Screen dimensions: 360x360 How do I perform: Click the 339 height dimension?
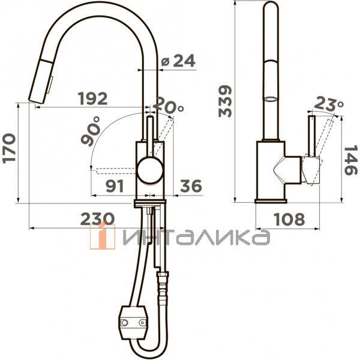(x=225, y=101)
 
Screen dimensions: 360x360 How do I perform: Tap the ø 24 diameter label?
(x=178, y=61)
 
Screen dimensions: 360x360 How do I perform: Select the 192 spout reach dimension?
(x=93, y=98)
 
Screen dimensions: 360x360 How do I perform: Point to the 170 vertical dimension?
(x=9, y=148)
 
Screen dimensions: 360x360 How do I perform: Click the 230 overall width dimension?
(x=97, y=218)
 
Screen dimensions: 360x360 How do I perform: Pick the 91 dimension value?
(x=115, y=186)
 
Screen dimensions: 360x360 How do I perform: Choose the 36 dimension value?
(x=191, y=186)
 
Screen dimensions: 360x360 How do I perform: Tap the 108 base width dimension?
(x=290, y=219)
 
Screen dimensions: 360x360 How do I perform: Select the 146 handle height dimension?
(x=350, y=160)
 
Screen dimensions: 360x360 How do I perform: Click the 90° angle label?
(x=91, y=131)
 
